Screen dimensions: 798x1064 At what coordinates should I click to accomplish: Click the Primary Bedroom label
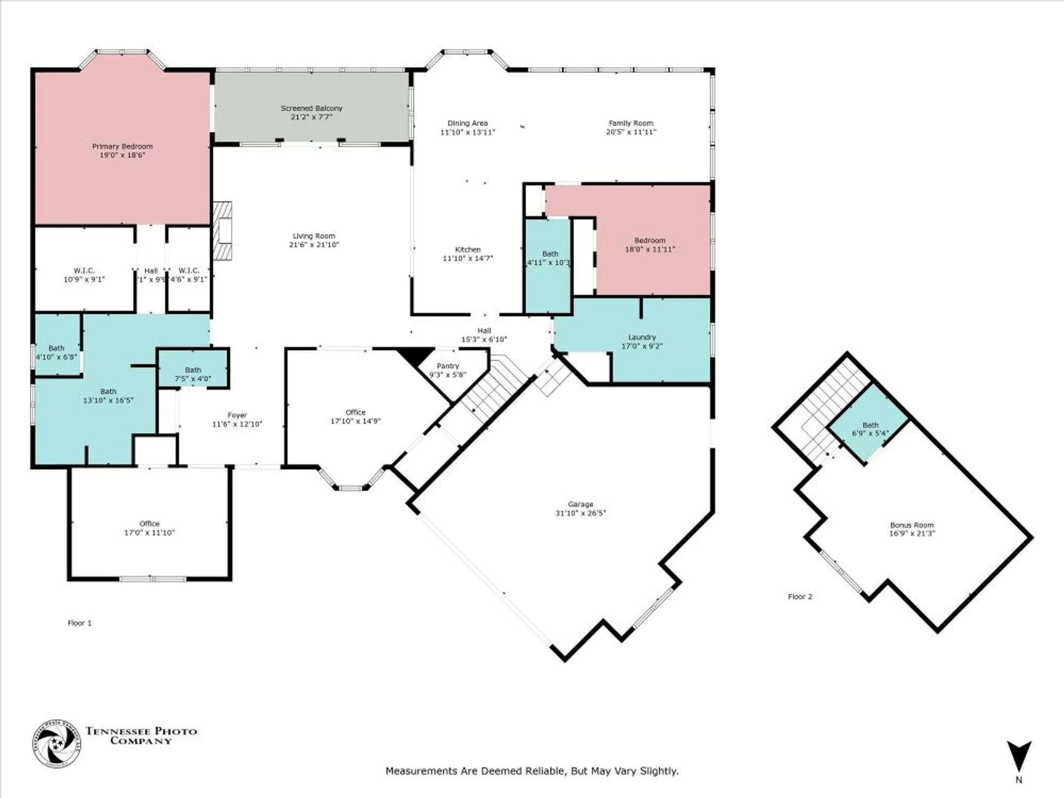click(122, 146)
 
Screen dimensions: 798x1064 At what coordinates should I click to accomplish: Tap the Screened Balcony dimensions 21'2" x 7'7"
click(311, 117)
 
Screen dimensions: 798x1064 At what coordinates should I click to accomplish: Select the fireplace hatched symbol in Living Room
click(222, 231)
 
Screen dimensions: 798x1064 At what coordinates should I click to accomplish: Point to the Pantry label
click(447, 366)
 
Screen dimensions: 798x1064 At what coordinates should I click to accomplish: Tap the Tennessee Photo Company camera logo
click(56, 744)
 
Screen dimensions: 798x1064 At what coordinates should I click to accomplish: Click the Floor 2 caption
click(800, 597)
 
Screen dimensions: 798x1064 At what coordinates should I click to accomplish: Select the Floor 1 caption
click(79, 623)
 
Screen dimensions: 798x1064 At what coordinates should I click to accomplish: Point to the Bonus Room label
click(912, 525)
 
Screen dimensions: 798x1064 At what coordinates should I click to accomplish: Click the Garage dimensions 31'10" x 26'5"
click(580, 513)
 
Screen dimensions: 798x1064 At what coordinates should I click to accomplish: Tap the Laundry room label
click(642, 337)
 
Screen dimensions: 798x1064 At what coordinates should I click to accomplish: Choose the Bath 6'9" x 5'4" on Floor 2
click(870, 429)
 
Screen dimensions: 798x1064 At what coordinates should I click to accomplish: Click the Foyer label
click(237, 415)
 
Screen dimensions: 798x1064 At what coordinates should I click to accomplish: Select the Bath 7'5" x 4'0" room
click(193, 373)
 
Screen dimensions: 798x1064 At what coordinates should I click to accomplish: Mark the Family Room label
click(631, 123)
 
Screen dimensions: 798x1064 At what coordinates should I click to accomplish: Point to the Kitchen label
click(468, 250)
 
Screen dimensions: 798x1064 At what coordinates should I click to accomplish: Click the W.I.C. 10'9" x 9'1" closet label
click(84, 271)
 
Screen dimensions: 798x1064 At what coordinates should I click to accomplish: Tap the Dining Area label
click(467, 123)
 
